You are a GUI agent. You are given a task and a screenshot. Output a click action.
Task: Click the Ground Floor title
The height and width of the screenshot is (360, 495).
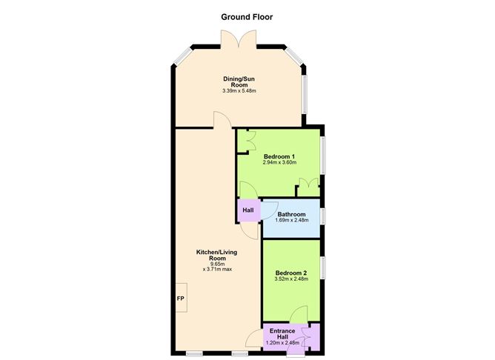coord(247,16)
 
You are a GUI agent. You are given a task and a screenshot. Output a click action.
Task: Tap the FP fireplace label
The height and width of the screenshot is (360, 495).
coord(180,299)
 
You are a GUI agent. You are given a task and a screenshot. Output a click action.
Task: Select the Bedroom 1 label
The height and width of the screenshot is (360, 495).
coord(279,156)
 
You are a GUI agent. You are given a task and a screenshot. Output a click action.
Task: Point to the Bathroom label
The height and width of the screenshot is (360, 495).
coord(291,214)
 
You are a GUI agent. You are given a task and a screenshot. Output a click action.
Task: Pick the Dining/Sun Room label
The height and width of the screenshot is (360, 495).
coord(238,81)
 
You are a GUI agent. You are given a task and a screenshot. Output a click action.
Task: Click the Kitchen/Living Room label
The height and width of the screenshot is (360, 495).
coord(216,255)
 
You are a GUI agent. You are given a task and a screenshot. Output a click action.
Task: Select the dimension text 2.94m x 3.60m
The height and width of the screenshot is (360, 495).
coord(279,163)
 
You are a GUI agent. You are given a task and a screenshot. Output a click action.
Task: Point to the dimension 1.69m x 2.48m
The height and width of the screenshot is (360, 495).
coord(291,220)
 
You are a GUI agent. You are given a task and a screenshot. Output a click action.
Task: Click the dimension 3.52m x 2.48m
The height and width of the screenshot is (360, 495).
coord(290,280)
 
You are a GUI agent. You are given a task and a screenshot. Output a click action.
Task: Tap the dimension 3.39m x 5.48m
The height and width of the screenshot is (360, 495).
coord(238,91)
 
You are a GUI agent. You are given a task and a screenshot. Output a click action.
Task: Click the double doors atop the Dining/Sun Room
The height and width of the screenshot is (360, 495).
coord(238,41)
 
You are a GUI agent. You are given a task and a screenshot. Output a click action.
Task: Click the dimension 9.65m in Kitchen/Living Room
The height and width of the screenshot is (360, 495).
coord(216,264)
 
